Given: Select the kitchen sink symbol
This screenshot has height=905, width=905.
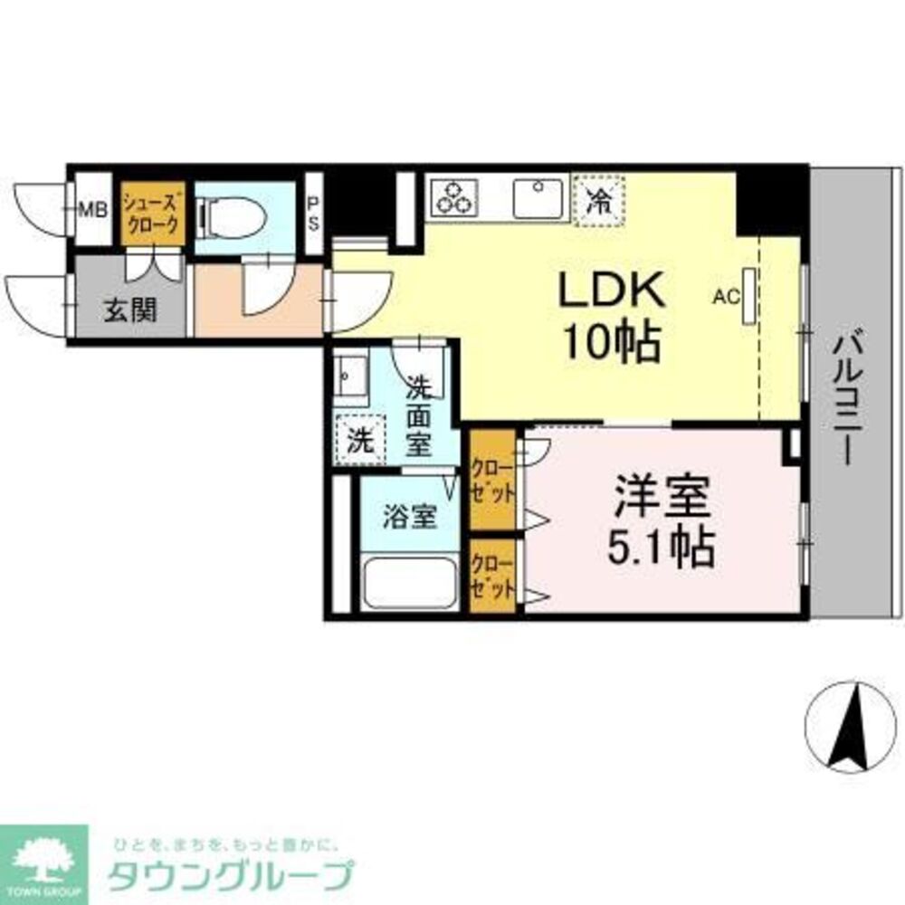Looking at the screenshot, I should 538,197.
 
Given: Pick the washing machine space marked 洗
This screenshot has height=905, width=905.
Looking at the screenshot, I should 360,443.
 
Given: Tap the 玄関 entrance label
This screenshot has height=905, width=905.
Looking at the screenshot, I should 129,311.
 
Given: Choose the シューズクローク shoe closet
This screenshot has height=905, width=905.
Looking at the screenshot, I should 153,216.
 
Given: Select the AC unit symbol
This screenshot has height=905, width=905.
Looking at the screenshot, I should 748,294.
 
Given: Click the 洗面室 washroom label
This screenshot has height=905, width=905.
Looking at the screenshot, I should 418,415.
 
